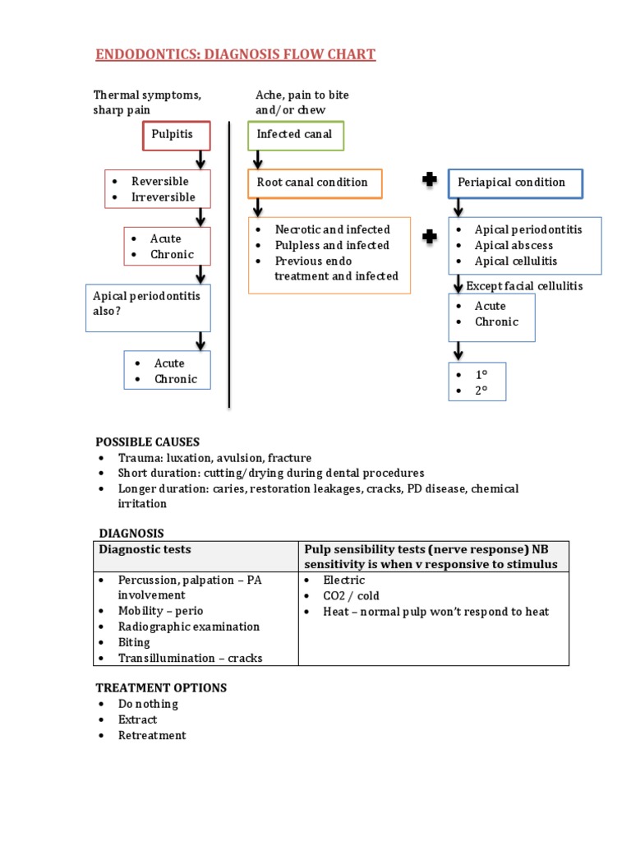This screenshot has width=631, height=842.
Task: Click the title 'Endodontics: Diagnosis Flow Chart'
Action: click(236, 55)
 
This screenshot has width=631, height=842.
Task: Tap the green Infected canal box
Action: click(295, 135)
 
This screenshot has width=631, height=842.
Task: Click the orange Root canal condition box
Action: click(315, 183)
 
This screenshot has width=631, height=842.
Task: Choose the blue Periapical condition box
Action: click(515, 183)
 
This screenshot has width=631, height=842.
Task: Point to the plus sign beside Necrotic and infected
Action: click(429, 238)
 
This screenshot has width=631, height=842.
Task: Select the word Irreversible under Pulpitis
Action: click(164, 197)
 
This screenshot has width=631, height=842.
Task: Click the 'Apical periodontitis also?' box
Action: click(148, 303)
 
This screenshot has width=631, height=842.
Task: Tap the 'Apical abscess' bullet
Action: click(514, 245)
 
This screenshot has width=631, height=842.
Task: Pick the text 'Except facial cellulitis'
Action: click(525, 286)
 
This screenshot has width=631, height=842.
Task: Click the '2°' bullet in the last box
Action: click(481, 391)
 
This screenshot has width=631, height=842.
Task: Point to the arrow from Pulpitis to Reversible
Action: click(200, 160)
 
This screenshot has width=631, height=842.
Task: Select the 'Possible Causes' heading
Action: click(148, 442)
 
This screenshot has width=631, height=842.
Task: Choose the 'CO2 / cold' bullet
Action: click(351, 595)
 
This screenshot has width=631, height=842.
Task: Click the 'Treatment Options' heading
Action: click(161, 687)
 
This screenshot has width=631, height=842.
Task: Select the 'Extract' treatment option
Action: click(137, 719)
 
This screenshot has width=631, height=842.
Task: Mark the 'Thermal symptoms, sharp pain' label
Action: click(147, 103)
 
